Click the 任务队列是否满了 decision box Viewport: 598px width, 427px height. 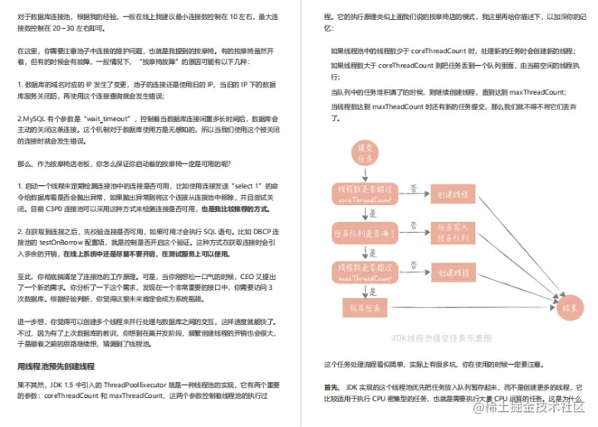pos(363,230)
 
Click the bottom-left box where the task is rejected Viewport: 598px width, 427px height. pos(363,305)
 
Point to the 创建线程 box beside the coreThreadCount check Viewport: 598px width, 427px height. pos(448,192)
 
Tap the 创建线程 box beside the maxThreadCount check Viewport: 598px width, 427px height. pos(448,270)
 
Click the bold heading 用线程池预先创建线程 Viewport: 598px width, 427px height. pos(57,366)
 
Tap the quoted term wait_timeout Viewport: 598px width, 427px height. pos(122,120)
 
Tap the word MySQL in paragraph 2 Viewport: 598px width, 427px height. pos(33,120)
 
